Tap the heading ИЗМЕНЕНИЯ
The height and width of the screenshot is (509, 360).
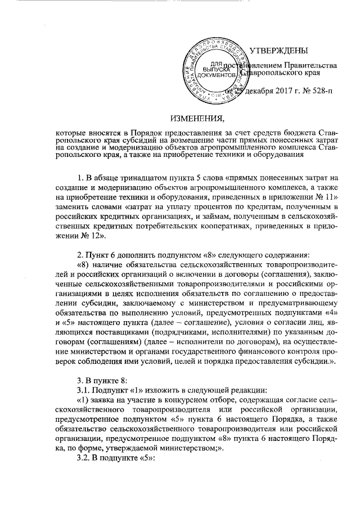197,118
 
